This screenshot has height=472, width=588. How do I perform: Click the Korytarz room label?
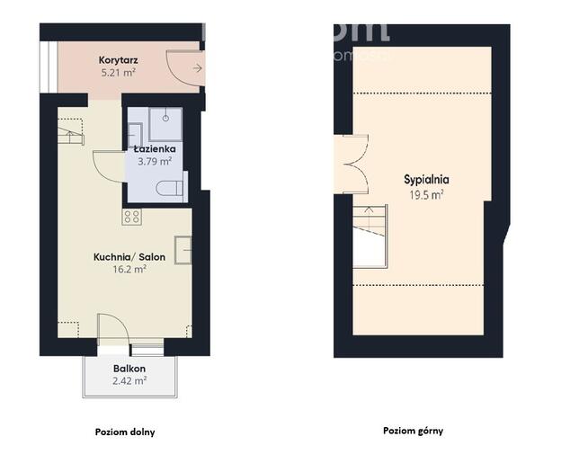[x=118, y=61]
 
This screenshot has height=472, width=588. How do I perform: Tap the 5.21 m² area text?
[x=118, y=73]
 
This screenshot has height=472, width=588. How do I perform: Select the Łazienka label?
[x=154, y=149]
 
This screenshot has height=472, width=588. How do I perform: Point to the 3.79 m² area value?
[x=154, y=162]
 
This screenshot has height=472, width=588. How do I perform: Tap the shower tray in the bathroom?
[x=166, y=121]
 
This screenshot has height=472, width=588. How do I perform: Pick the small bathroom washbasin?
[x=138, y=119]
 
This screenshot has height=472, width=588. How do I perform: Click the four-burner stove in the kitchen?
[x=132, y=216]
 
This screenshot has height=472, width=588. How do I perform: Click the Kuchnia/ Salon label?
[x=129, y=256]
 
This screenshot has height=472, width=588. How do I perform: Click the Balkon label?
[x=129, y=369]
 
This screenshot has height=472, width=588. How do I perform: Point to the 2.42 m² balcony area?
[x=130, y=380]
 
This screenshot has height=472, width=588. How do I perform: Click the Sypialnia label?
[x=426, y=179]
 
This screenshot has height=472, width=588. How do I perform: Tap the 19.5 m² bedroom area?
[x=427, y=192]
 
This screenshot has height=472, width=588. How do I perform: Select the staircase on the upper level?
[x=369, y=236]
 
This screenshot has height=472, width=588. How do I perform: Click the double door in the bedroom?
[x=352, y=163]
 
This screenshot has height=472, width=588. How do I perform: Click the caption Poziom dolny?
[x=125, y=432]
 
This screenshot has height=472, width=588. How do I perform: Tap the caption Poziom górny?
[x=414, y=431]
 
